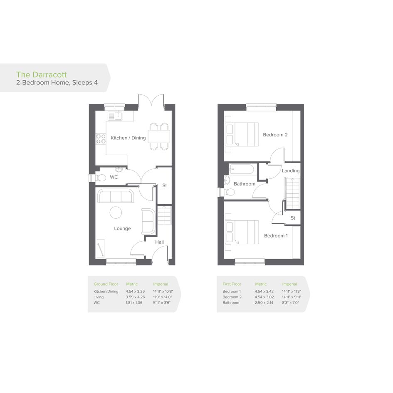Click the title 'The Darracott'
pos(41,74)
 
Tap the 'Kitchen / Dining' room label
pos(128,138)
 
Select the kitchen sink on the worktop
pos(115,116)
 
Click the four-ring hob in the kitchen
pos(101,139)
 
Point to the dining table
pos(159,136)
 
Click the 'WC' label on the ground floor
pos(114,177)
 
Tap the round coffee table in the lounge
pos(116,213)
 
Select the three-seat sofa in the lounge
pos(116,196)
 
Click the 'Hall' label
pos(159,242)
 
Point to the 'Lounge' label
pos(122,229)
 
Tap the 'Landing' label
pos(291,171)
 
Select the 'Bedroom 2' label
pos(275,135)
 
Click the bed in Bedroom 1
pos(242,232)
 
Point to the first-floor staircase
pos(292,193)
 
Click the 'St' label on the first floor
pos(293,218)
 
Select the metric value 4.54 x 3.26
pos(135,292)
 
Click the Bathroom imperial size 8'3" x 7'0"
pos(291,303)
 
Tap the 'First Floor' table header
pos(232,284)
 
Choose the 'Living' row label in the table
pos(99,297)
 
